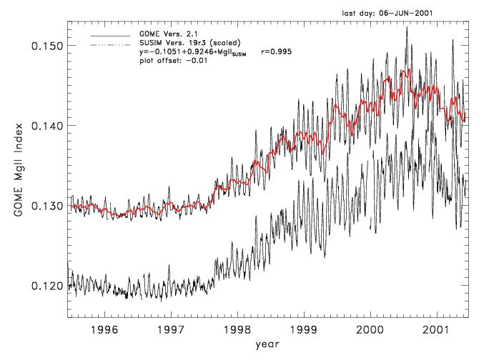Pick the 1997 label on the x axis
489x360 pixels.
(171, 331)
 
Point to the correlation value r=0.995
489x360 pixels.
(277, 52)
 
